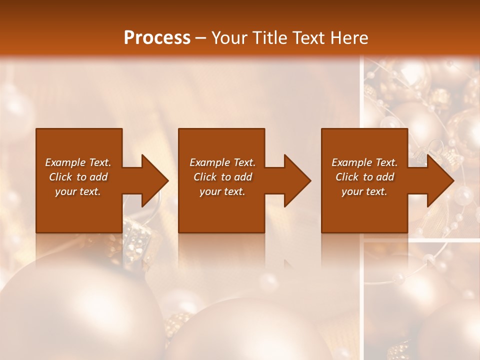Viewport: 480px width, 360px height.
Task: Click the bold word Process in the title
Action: (157, 38)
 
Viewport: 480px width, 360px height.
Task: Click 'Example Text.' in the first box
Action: (78, 162)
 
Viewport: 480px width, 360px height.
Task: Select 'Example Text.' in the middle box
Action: (222, 162)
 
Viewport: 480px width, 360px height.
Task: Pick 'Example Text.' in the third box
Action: (364, 162)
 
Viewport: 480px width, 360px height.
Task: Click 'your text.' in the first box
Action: (78, 191)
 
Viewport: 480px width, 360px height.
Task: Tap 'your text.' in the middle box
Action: (222, 191)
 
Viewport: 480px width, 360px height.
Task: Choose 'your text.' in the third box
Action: (364, 191)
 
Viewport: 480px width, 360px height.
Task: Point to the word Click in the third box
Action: (347, 177)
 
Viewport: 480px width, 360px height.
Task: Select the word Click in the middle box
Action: (205, 177)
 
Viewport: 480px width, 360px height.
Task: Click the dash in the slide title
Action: (201, 38)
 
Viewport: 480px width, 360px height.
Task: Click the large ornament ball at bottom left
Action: (75, 315)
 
